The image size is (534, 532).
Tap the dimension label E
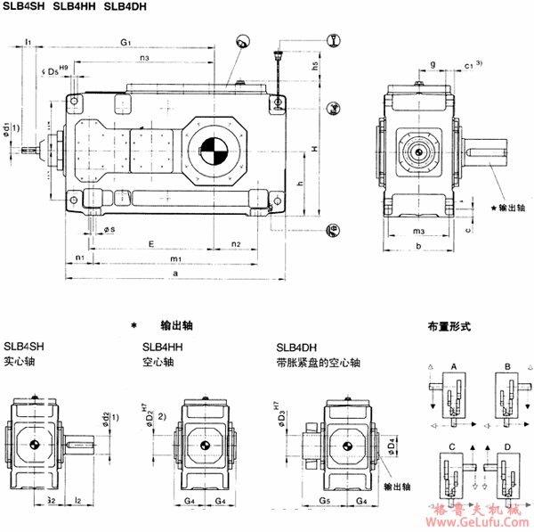pos(152,242)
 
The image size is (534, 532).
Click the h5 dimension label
pos(316,65)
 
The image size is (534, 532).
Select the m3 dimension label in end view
pos(417,232)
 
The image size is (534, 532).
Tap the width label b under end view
pos(417,245)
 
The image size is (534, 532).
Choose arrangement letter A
pos(454,366)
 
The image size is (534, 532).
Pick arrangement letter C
pos(454,445)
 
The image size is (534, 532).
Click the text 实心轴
pos(19,363)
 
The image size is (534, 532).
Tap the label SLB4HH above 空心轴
pos(162,348)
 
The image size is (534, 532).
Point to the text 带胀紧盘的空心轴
pos(319,363)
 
